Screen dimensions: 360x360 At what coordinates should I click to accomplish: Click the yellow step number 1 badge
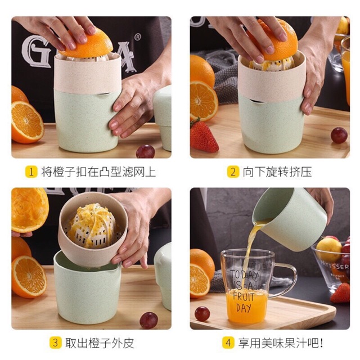[x=31, y=172]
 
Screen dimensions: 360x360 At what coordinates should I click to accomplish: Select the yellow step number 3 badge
[x=55, y=343]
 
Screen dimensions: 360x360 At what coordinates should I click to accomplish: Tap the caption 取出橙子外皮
[x=100, y=343]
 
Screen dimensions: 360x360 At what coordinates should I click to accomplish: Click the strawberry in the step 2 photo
[x=204, y=137]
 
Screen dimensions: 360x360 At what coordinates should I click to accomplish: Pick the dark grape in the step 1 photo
[x=145, y=151]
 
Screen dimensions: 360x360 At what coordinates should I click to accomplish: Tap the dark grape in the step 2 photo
[x=339, y=135]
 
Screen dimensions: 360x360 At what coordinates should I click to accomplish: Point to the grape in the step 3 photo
[x=148, y=319]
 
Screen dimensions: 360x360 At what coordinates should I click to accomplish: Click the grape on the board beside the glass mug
[x=202, y=313]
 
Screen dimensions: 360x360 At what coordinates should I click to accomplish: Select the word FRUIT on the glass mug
[x=244, y=295]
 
